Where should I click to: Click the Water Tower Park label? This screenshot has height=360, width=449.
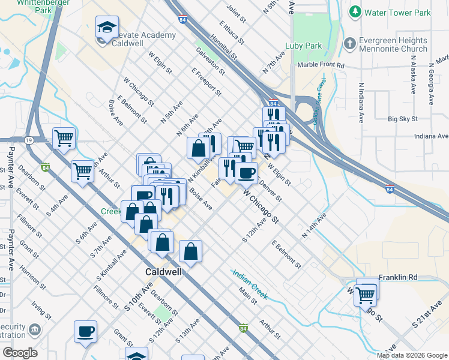(397, 12)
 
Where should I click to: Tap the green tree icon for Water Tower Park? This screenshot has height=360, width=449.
(355, 12)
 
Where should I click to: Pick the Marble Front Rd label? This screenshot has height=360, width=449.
(320, 65)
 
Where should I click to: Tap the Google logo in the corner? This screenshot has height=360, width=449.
(19, 353)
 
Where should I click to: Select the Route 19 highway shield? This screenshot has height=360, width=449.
(29, 140)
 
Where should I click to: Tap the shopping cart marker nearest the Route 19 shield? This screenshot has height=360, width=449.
(64, 138)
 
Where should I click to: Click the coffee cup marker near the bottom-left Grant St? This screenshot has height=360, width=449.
(85, 331)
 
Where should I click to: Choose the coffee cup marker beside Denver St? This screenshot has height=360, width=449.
(246, 173)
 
